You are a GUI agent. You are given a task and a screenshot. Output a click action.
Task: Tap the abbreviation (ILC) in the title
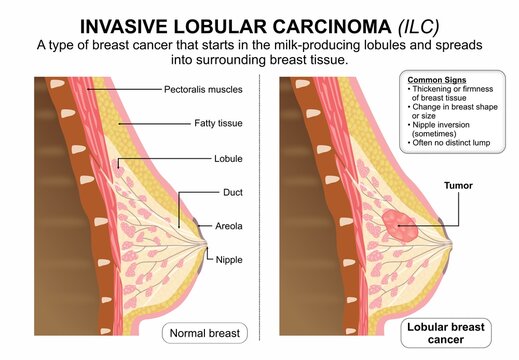pos(412,23)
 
